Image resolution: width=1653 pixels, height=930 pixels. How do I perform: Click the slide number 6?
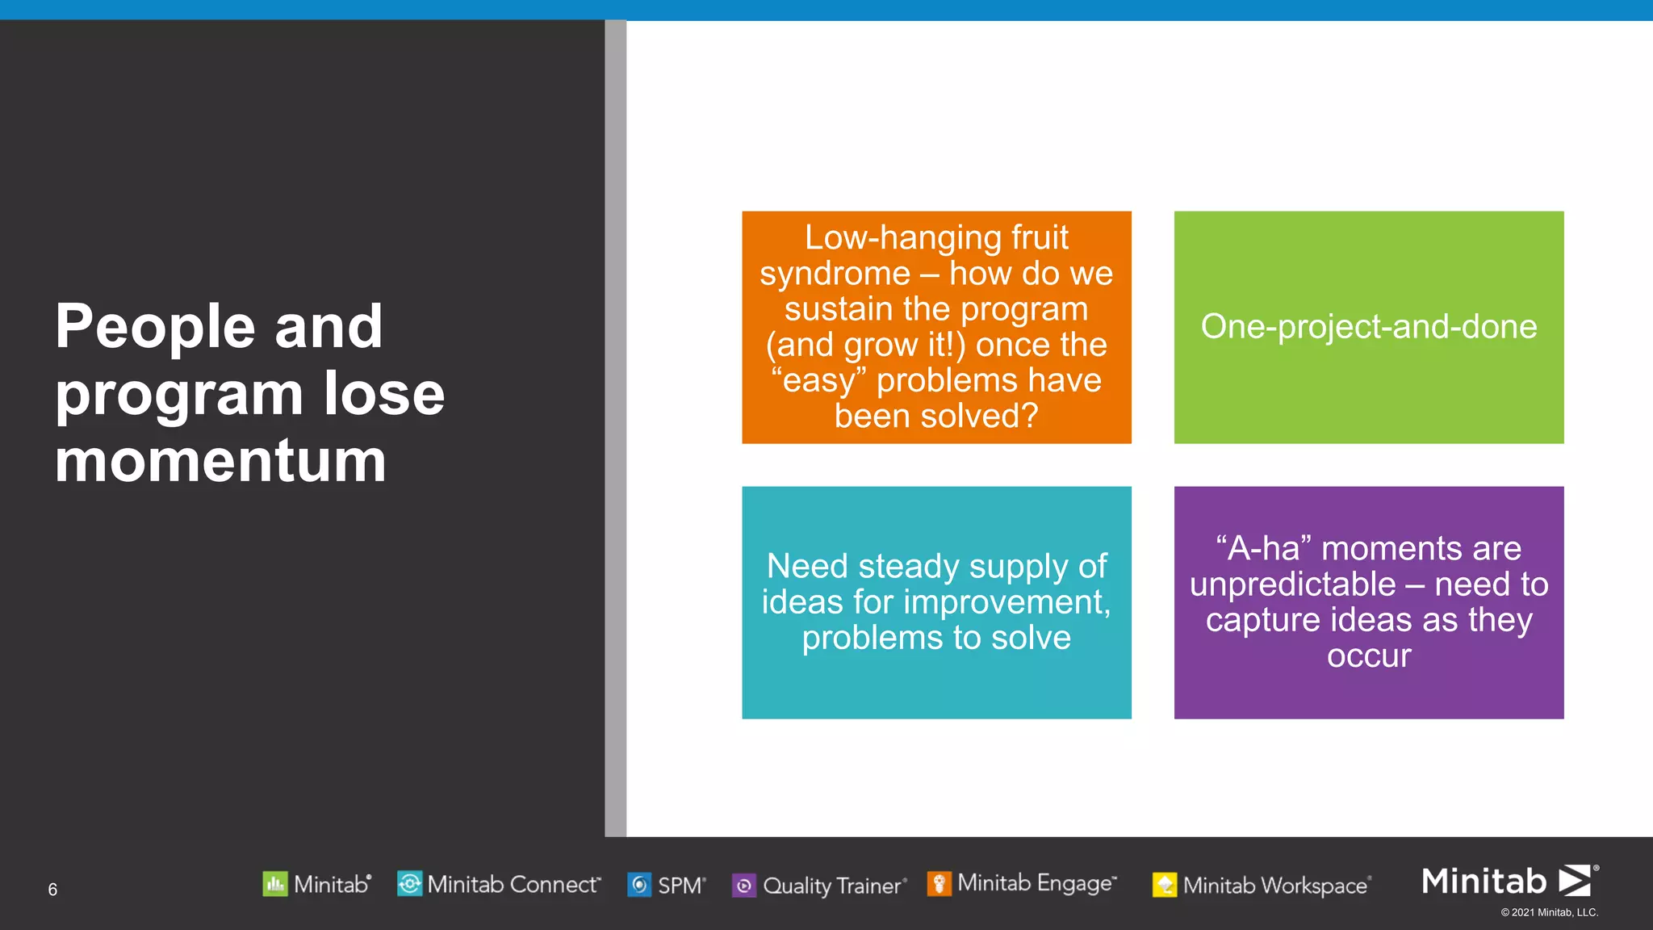[52, 890]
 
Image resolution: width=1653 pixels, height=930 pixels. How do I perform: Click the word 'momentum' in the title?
[220, 462]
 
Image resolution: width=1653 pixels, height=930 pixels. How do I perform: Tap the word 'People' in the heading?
[155, 327]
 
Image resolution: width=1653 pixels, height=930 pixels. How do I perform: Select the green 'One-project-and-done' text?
[1368, 327]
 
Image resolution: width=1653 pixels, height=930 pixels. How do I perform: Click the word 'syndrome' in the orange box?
[835, 274]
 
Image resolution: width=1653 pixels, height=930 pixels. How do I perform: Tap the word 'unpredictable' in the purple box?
[1292, 584]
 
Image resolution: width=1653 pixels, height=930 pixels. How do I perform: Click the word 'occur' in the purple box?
[1369, 656]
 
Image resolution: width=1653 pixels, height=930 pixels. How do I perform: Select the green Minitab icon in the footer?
[275, 884]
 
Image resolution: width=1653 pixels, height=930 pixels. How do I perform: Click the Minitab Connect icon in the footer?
[409, 884]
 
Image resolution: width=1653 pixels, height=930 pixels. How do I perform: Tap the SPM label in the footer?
[680, 886]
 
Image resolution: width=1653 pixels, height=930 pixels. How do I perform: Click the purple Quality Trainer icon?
[743, 886]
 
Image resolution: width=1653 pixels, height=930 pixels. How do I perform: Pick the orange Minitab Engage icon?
[939, 883]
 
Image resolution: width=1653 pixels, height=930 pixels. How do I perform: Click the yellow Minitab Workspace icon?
[1164, 885]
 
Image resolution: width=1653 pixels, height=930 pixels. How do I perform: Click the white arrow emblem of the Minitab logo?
[1575, 881]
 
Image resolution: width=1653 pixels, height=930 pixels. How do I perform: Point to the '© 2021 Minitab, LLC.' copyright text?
[1549, 913]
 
